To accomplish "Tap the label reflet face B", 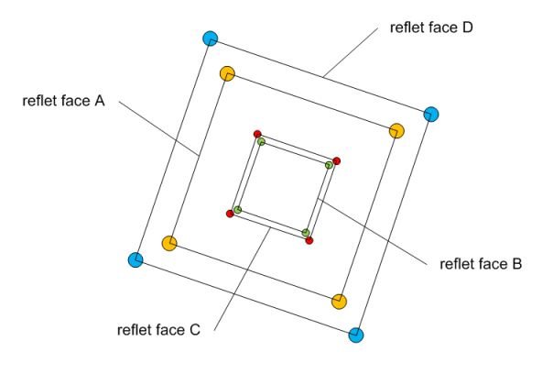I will click(481, 265).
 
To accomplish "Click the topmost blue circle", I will click(211, 38).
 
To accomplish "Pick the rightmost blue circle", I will click(431, 115).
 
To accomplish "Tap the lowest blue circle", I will click(357, 335).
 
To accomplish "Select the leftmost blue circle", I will click(136, 260).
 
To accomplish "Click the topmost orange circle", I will click(227, 73).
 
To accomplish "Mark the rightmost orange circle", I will click(396, 131).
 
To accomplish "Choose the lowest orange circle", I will click(339, 301).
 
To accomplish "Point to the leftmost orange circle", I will click(168, 243).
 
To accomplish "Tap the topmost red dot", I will click(257, 134).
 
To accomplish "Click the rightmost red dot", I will click(337, 161).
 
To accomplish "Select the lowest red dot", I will click(309, 240).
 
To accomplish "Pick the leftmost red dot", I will click(230, 214).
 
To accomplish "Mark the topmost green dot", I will click(261, 141).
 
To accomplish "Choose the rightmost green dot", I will click(330, 165).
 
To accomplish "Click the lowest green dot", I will click(306, 233).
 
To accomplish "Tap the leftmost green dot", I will click(237, 210).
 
